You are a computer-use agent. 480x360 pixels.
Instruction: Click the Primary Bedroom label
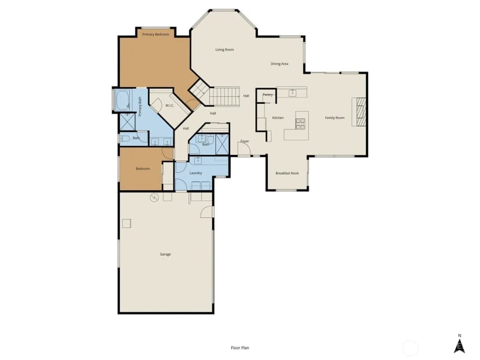pyautogui.click(x=155, y=34)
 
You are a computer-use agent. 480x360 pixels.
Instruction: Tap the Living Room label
pyautogui.click(x=224, y=50)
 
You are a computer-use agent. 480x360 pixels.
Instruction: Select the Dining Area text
pyautogui.click(x=279, y=64)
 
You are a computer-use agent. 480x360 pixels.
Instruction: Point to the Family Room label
pyautogui.click(x=334, y=118)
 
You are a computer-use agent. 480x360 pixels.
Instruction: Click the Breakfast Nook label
pyautogui.click(x=287, y=173)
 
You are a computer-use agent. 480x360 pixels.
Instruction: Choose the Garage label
pyautogui.click(x=165, y=254)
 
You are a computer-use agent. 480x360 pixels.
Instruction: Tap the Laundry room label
pyautogui.click(x=195, y=173)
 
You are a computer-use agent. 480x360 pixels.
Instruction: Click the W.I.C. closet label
pyautogui.click(x=170, y=106)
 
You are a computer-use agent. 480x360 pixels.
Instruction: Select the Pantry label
pyautogui.click(x=268, y=95)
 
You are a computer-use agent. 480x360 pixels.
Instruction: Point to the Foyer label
pyautogui.click(x=245, y=141)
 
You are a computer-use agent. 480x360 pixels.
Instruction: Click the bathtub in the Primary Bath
pyautogui.click(x=123, y=100)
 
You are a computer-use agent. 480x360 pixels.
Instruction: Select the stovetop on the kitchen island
pyautogui.click(x=300, y=123)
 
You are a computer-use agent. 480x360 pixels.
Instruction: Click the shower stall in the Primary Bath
pyautogui.click(x=128, y=122)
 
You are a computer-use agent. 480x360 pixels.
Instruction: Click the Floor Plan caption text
pyautogui.click(x=240, y=348)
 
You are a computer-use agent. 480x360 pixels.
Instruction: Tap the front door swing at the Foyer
pyautogui.click(x=244, y=149)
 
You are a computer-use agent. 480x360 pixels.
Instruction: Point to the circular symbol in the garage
pyautogui.click(x=154, y=198)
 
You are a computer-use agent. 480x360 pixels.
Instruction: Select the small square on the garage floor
pyautogui.click(x=126, y=223)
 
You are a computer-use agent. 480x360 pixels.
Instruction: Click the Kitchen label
pyautogui.click(x=278, y=118)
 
